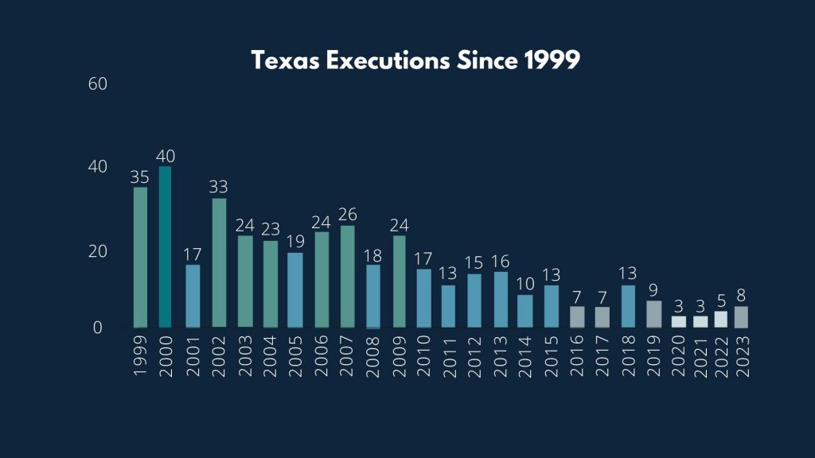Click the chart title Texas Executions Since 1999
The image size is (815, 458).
[415, 60]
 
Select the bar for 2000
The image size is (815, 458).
[166, 246]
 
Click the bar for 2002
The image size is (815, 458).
[218, 262]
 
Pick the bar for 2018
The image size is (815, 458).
[628, 306]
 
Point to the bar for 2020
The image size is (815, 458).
[679, 321]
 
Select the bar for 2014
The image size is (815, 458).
[525, 311]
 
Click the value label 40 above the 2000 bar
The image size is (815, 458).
[166, 156]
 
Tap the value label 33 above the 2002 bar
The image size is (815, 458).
[218, 188]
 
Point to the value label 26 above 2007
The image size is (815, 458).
[347, 215]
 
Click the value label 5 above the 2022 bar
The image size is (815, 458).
[720, 301]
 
